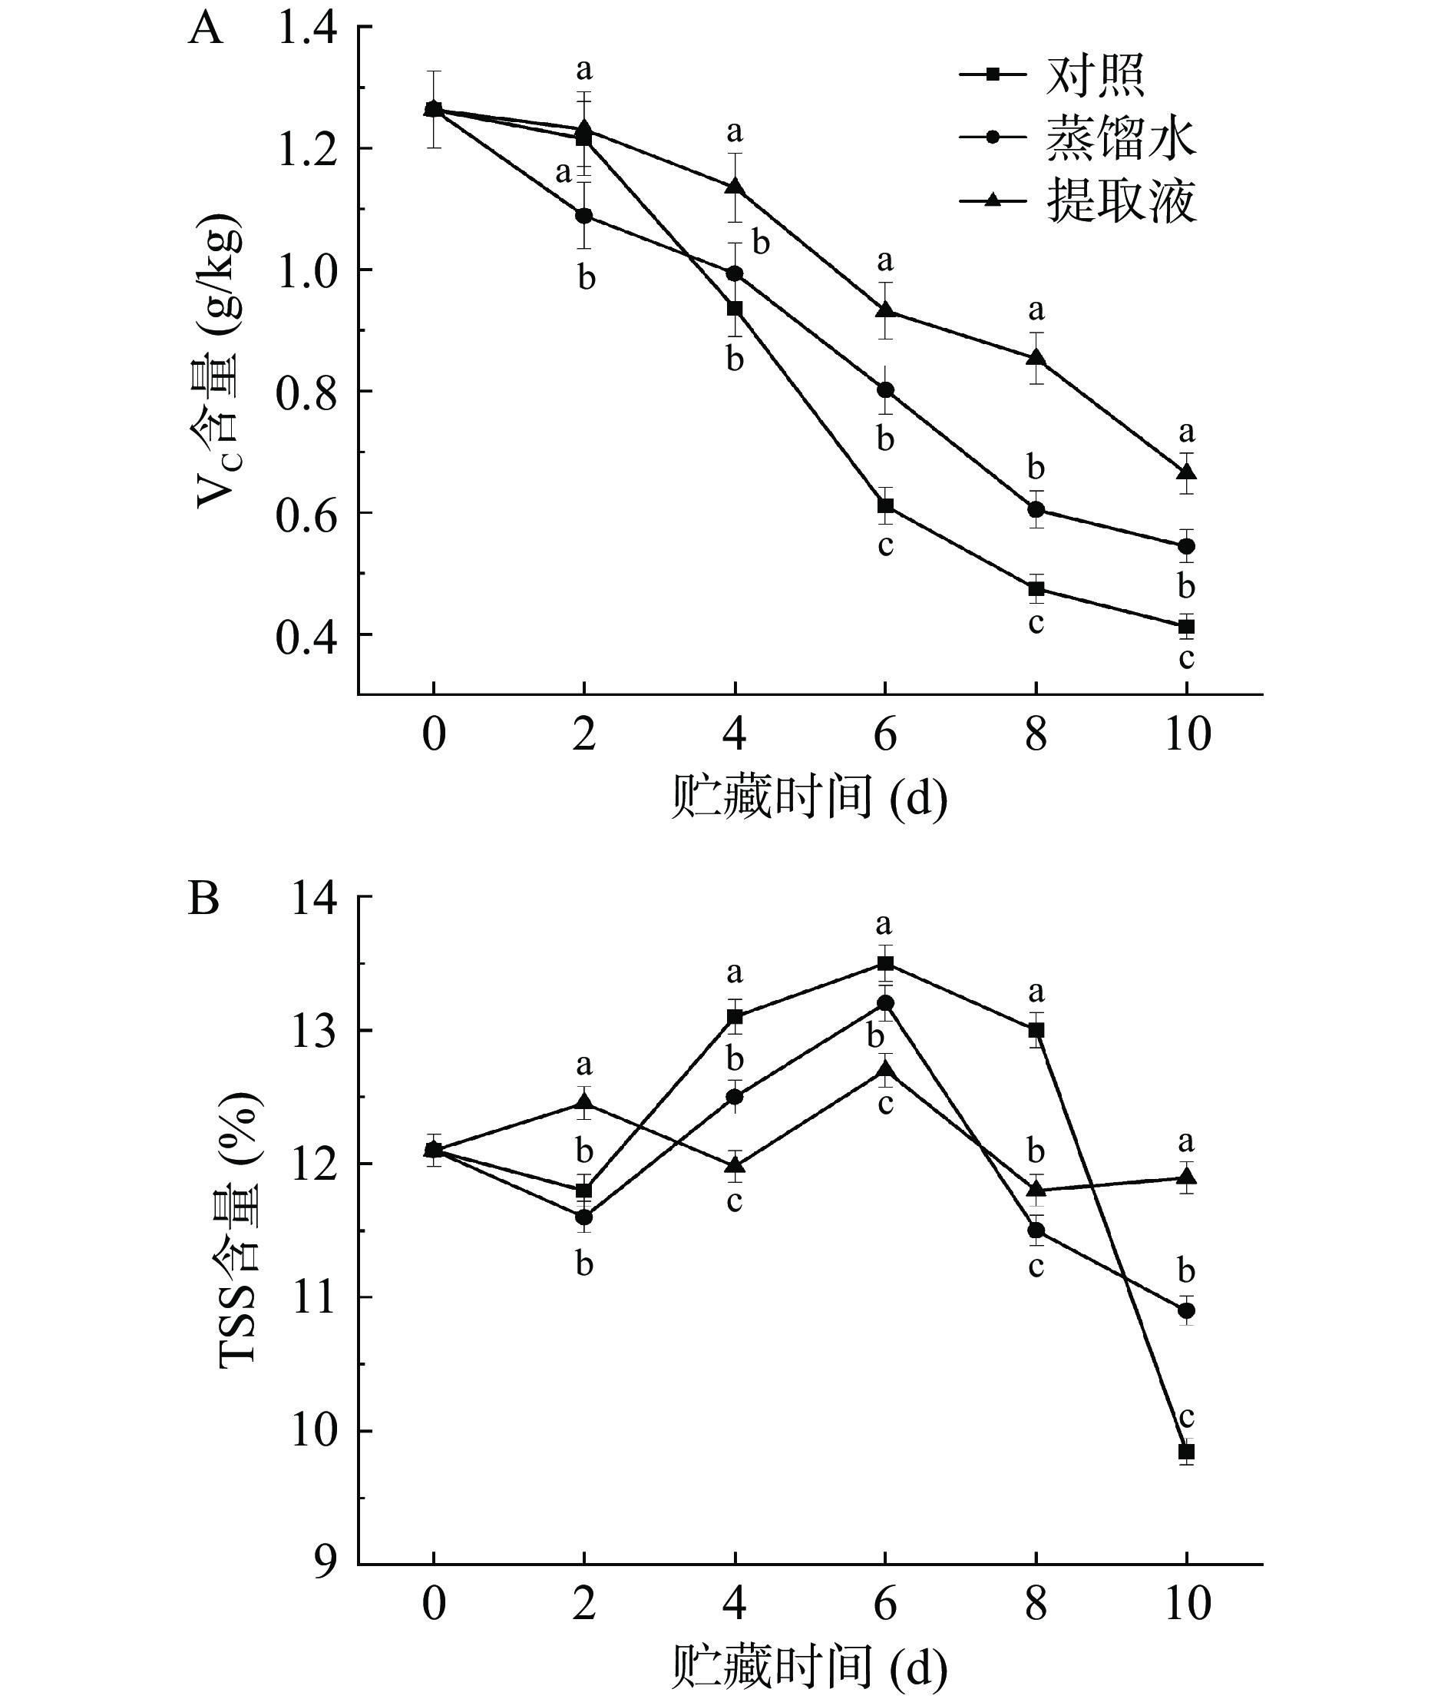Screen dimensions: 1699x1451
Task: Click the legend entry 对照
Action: (x=1095, y=75)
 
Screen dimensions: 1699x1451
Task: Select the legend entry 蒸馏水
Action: (x=1120, y=137)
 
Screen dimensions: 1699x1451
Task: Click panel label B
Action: (x=203, y=899)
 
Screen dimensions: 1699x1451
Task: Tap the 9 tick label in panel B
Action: (x=326, y=1562)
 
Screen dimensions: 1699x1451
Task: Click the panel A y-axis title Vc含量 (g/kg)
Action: (x=219, y=361)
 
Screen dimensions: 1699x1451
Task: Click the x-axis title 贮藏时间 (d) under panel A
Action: (x=808, y=797)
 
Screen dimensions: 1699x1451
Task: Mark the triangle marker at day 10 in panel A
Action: (x=1186, y=472)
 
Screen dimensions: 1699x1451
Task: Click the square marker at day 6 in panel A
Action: (x=885, y=506)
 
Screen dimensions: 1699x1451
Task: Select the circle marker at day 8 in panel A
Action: (x=1036, y=509)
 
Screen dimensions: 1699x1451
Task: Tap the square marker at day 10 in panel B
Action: (x=1186, y=1452)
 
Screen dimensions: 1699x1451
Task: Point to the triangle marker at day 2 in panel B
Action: (x=584, y=1103)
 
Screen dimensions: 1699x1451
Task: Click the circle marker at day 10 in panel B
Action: (x=1186, y=1310)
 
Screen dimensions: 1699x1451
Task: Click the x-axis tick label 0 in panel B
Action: (x=434, y=1604)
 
